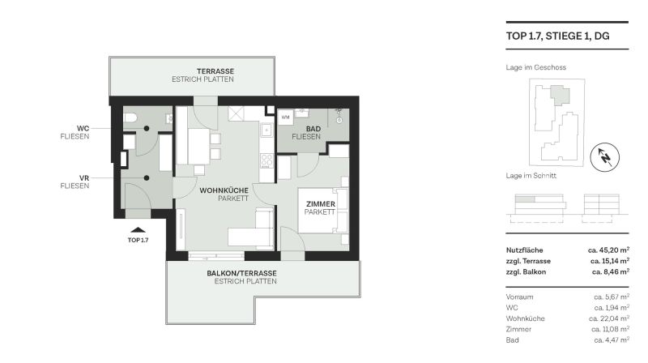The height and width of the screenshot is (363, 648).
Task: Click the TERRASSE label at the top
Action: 202,71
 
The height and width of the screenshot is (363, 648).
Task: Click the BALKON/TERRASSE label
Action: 245,273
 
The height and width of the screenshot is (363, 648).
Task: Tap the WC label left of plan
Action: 83,128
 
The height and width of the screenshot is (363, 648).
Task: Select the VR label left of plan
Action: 83,177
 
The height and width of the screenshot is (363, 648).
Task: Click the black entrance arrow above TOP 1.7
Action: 139,230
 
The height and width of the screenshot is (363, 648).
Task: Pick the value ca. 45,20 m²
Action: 608,250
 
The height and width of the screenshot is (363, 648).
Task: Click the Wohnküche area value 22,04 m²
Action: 611,318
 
